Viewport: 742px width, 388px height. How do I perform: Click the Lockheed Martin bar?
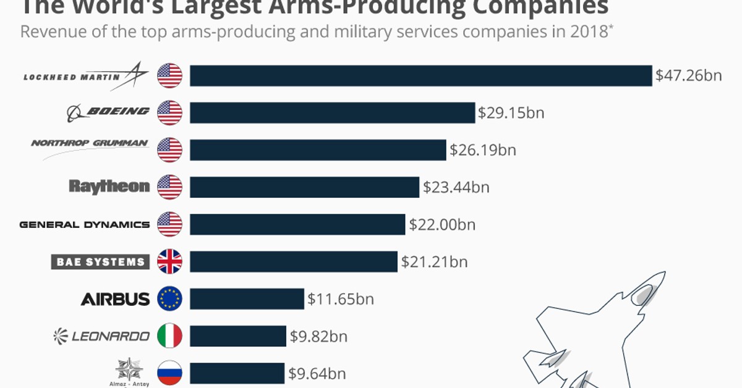pos(420,75)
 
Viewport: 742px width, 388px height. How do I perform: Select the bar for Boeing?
pos(332,112)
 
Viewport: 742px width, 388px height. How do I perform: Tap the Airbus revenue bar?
pos(247,299)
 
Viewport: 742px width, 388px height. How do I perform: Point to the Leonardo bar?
pos(238,336)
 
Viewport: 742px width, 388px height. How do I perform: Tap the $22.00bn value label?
pos(441,224)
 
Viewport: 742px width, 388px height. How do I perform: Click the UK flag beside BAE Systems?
pos(169,262)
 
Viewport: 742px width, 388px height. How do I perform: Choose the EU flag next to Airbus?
pos(169,299)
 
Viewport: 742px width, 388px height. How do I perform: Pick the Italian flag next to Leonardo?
pos(169,336)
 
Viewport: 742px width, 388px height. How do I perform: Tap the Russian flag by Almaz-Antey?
pos(169,373)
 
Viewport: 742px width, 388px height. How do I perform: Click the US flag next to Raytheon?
pos(169,187)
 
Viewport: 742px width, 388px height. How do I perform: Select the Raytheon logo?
pos(109,186)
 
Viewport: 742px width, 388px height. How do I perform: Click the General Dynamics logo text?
pos(85,224)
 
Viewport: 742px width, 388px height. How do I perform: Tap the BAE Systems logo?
pos(100,262)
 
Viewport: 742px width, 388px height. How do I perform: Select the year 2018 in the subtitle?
pos(587,32)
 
